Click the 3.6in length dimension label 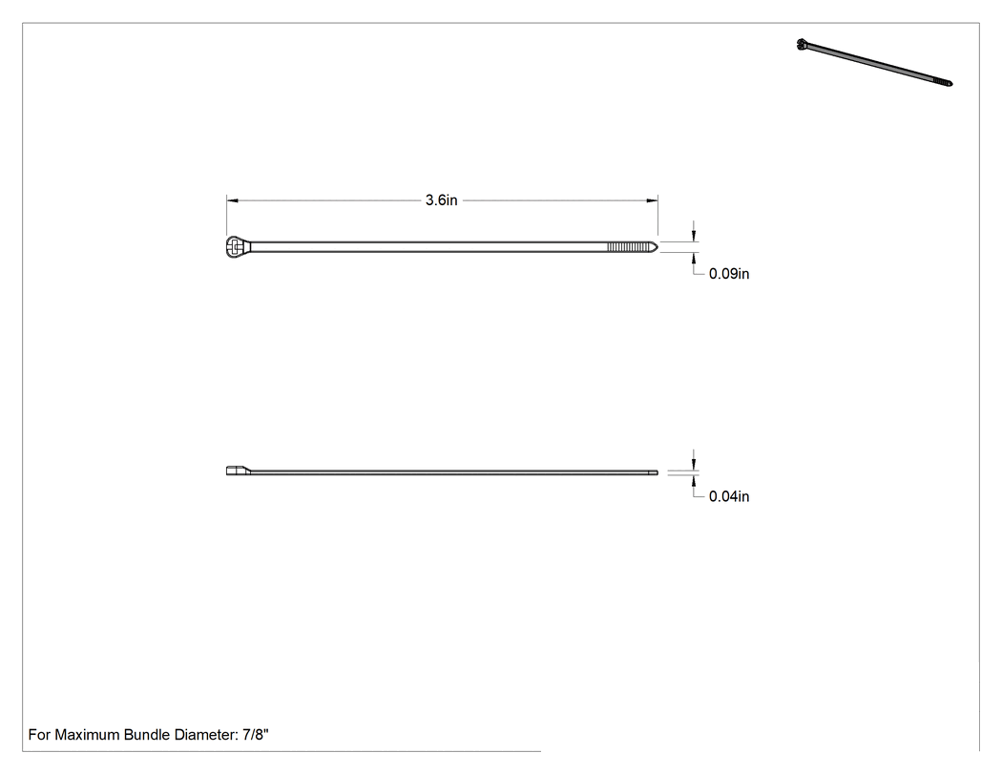(x=442, y=200)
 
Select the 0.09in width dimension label (x=729, y=274)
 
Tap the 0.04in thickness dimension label (x=729, y=496)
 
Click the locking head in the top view (x=236, y=247)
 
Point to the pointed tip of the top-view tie (x=657, y=247)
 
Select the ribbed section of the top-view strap (x=628, y=247)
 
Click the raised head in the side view (x=238, y=471)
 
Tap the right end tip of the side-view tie (x=658, y=473)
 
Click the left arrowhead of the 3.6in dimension (x=233, y=200)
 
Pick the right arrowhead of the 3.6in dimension (x=652, y=200)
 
